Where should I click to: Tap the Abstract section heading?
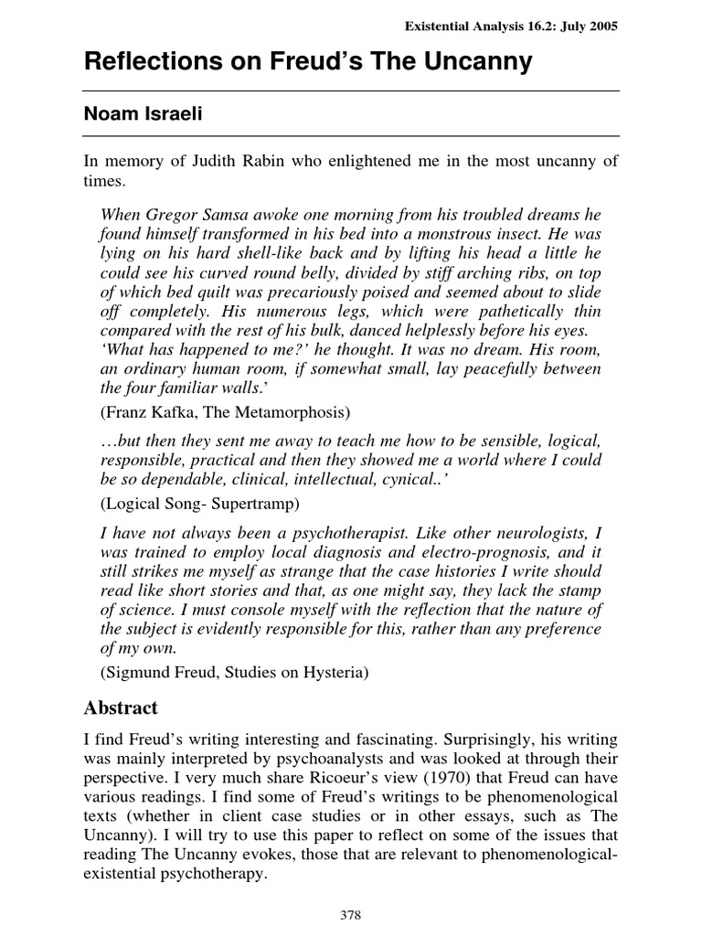point(122,707)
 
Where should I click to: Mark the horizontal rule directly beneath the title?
point(351,90)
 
